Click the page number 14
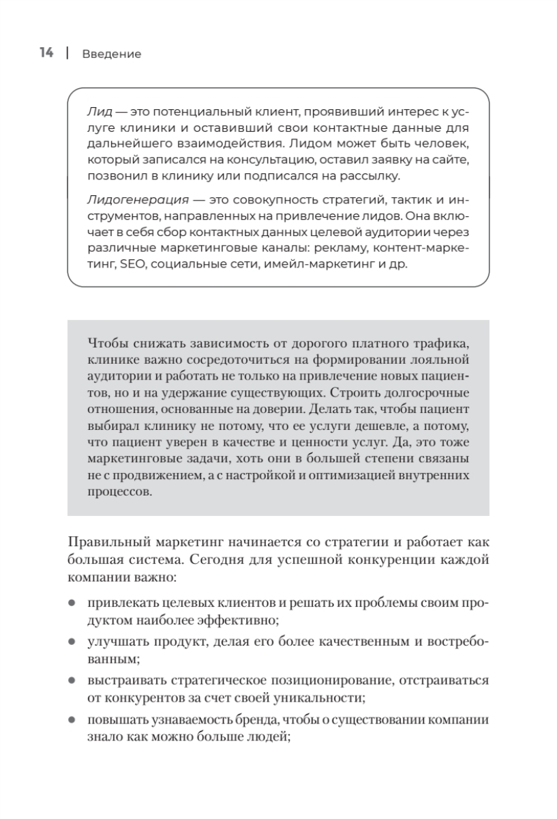click(46, 53)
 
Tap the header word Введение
click(112, 55)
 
